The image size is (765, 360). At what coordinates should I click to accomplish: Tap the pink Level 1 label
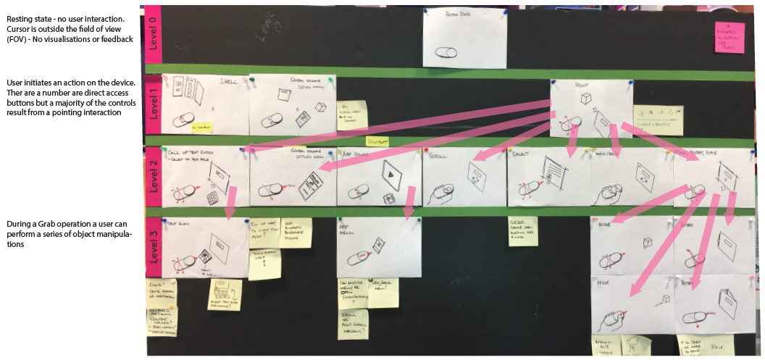tap(153, 105)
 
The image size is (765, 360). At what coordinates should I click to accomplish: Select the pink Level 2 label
tap(153, 177)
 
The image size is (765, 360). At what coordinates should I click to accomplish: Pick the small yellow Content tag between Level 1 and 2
tap(377, 141)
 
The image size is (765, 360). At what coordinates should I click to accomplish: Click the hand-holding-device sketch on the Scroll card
tap(442, 195)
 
